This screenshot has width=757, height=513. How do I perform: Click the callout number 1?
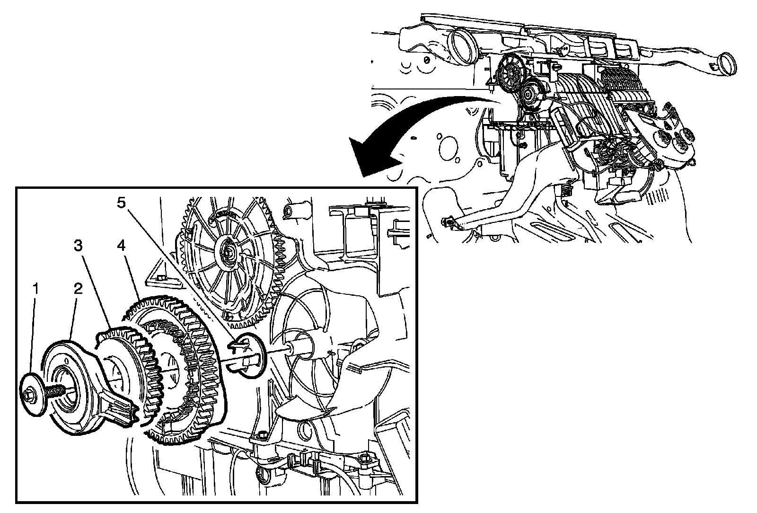(35, 289)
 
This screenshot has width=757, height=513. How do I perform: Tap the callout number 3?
(78, 246)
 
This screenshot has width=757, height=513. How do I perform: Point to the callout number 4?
(121, 246)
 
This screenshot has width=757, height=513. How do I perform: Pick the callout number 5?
(121, 203)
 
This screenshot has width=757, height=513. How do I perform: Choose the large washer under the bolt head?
(33, 394)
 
